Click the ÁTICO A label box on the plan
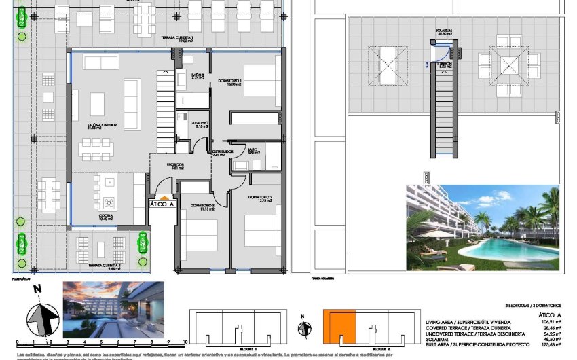(162, 204)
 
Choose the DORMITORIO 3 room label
(202, 206)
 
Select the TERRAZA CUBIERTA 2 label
(103, 267)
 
